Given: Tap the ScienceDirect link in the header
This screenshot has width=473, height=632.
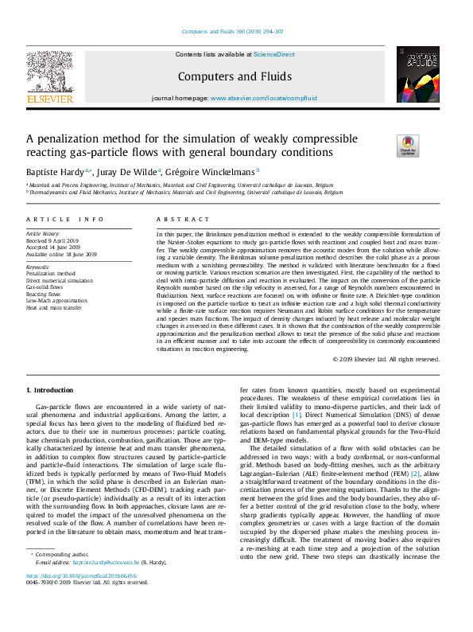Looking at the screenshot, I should point(274,54).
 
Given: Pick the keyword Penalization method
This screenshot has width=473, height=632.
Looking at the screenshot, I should point(51,273).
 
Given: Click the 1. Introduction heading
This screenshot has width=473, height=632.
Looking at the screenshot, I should point(52,390).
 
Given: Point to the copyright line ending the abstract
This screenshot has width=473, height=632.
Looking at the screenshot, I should point(386,359).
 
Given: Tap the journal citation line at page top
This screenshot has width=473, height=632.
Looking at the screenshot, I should point(236,33).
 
